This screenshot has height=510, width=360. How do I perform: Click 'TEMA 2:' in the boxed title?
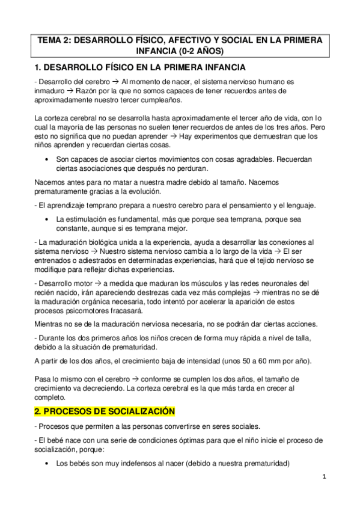coord(57,40)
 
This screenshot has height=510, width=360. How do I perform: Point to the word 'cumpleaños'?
coord(154,99)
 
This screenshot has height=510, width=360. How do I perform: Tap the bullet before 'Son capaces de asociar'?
coord(47,159)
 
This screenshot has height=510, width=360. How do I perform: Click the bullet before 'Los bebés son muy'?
coord(47,464)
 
